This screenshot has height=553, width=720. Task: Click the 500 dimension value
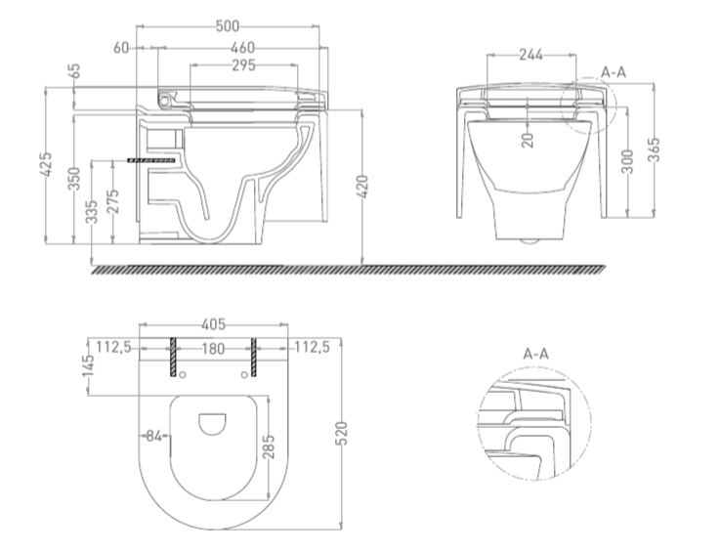point(228,26)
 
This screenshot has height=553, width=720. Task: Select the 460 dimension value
point(242,48)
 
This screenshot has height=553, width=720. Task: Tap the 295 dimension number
point(243,65)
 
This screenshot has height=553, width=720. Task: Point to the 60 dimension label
point(121,48)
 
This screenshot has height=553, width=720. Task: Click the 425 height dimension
point(47,164)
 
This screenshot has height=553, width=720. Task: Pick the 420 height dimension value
point(362,187)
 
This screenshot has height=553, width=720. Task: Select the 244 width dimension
point(530,55)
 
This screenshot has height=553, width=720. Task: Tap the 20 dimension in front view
point(529,140)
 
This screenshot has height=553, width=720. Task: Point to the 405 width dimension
point(214,324)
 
